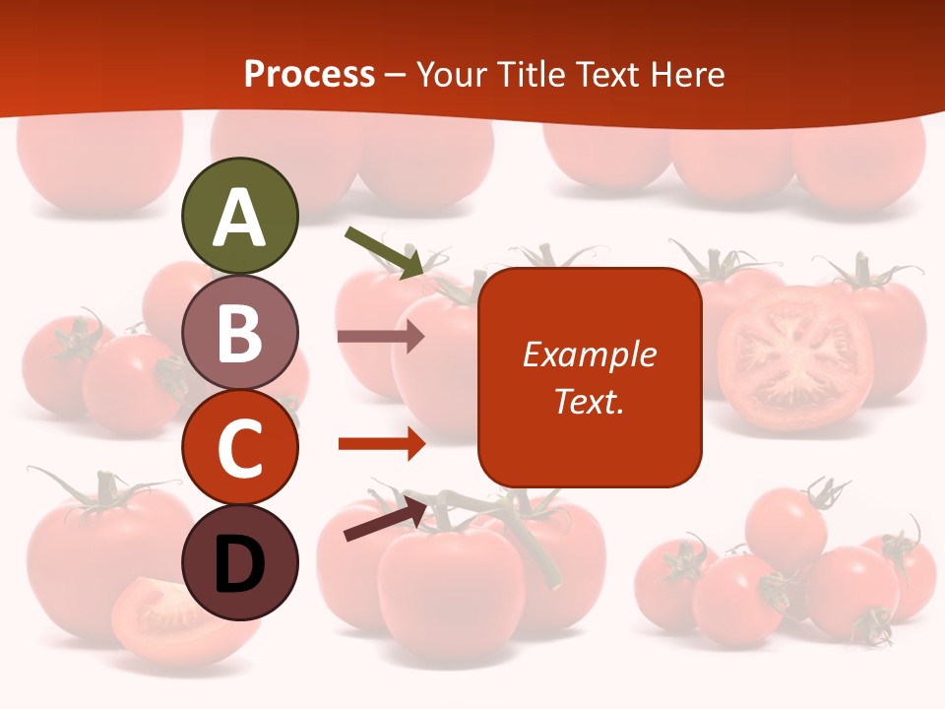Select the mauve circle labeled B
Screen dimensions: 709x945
239,332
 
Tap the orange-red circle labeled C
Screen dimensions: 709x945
239,447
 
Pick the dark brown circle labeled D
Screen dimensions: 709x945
239,562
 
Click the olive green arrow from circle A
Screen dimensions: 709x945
384,251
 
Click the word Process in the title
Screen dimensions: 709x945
309,74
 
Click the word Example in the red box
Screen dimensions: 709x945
590,354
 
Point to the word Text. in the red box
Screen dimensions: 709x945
590,401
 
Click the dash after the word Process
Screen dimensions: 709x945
395,75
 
